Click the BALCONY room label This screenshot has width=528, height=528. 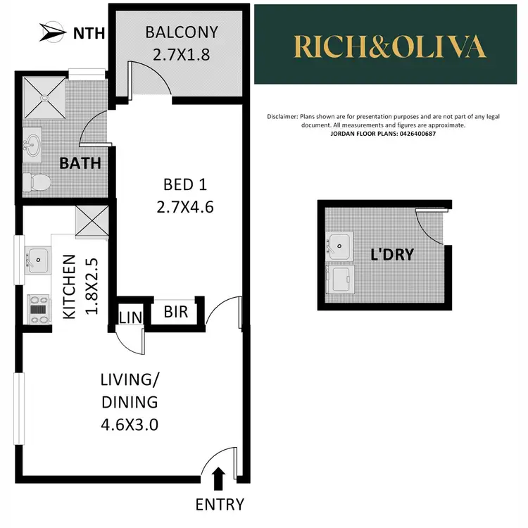(x=182, y=32)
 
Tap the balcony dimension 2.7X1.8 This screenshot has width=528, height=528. (x=182, y=54)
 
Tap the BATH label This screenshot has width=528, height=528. (x=80, y=163)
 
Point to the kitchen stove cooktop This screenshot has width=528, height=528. (x=38, y=308)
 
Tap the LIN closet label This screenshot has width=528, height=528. (x=130, y=315)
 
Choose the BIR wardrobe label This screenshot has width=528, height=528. (x=176, y=311)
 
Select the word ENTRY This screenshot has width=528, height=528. (x=220, y=504)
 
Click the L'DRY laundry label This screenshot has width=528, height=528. (x=391, y=254)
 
